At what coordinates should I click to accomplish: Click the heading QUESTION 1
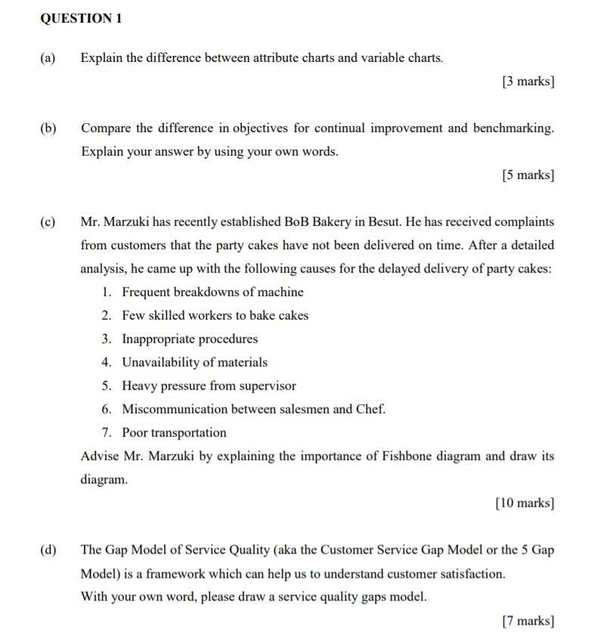81,19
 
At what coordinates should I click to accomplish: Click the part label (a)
48,57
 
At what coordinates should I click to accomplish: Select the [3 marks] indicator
527,82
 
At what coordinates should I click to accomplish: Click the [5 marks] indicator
527,175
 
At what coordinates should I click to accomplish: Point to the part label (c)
48,222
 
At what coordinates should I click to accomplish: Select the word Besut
382,222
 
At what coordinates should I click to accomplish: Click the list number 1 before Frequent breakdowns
106,292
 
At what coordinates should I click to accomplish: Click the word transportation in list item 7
188,433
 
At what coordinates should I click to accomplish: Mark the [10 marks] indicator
524,503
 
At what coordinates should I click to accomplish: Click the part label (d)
48,550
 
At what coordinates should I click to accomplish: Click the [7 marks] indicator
527,621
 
